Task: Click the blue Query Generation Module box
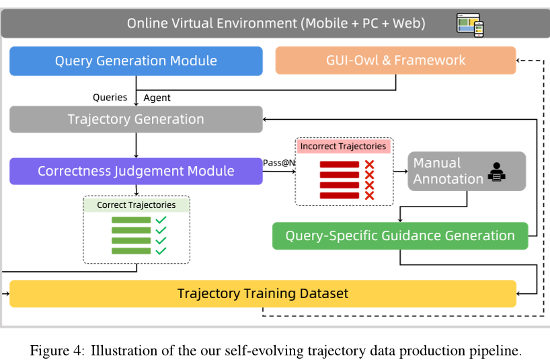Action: click(136, 61)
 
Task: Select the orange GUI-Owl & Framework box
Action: click(395, 60)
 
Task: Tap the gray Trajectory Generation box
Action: click(136, 119)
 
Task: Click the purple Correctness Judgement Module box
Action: click(136, 171)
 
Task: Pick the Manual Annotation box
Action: click(467, 171)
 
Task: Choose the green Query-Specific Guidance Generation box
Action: click(400, 236)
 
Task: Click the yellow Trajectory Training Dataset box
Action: click(263, 293)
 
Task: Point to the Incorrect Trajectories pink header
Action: click(343, 146)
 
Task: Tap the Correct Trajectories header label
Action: click(136, 205)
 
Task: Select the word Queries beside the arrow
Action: click(110, 98)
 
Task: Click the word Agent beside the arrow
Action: click(157, 98)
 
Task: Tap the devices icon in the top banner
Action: click(470, 24)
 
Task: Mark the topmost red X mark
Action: click(369, 165)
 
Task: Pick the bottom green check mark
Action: click(161, 251)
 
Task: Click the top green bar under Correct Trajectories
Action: click(131, 220)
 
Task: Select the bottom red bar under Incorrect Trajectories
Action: click(339, 195)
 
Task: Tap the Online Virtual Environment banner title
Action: click(276, 24)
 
